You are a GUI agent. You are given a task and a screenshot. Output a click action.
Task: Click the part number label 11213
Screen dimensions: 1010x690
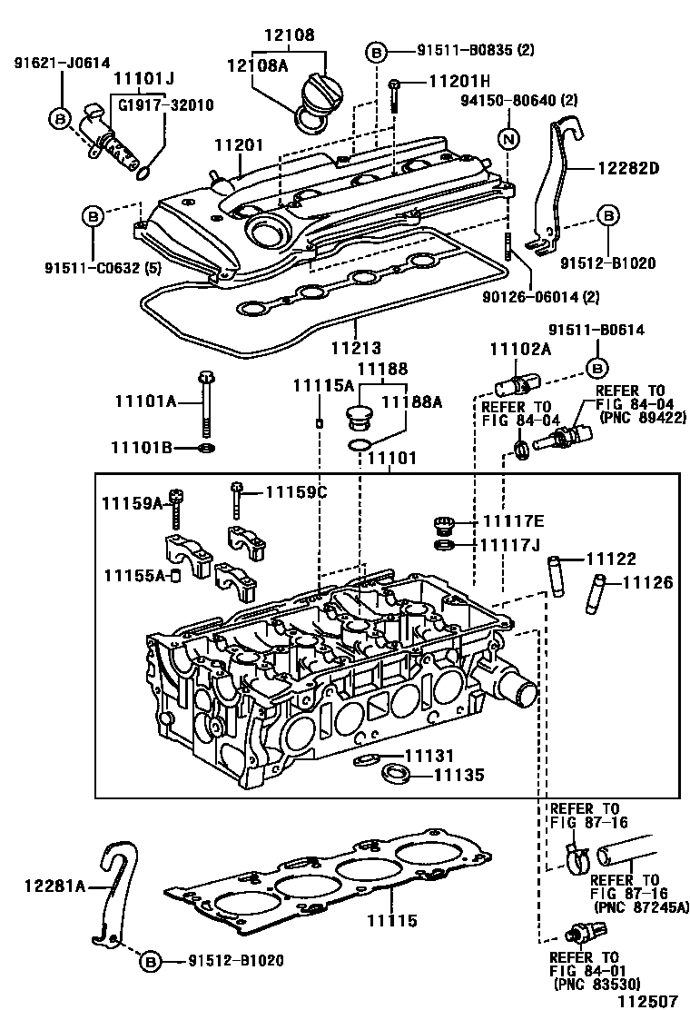356,347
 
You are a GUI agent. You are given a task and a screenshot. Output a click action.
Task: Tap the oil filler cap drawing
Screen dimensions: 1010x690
320,90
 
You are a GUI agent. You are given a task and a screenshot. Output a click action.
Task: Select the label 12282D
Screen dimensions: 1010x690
627,167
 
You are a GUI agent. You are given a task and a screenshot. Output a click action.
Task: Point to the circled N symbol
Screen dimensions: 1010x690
509,139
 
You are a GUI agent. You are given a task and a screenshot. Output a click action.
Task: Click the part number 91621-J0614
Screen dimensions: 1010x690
62,63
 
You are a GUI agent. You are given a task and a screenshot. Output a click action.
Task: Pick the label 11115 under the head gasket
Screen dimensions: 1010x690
392,921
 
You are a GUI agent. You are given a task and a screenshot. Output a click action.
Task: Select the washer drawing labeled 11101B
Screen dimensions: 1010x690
208,448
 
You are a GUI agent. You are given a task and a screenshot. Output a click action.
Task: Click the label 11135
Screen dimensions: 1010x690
458,775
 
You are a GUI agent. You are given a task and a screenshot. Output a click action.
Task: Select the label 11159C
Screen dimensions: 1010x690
296,492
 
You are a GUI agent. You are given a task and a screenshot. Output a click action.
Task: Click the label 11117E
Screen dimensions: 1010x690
513,520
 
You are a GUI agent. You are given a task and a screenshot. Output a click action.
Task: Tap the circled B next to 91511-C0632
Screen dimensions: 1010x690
94,216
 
